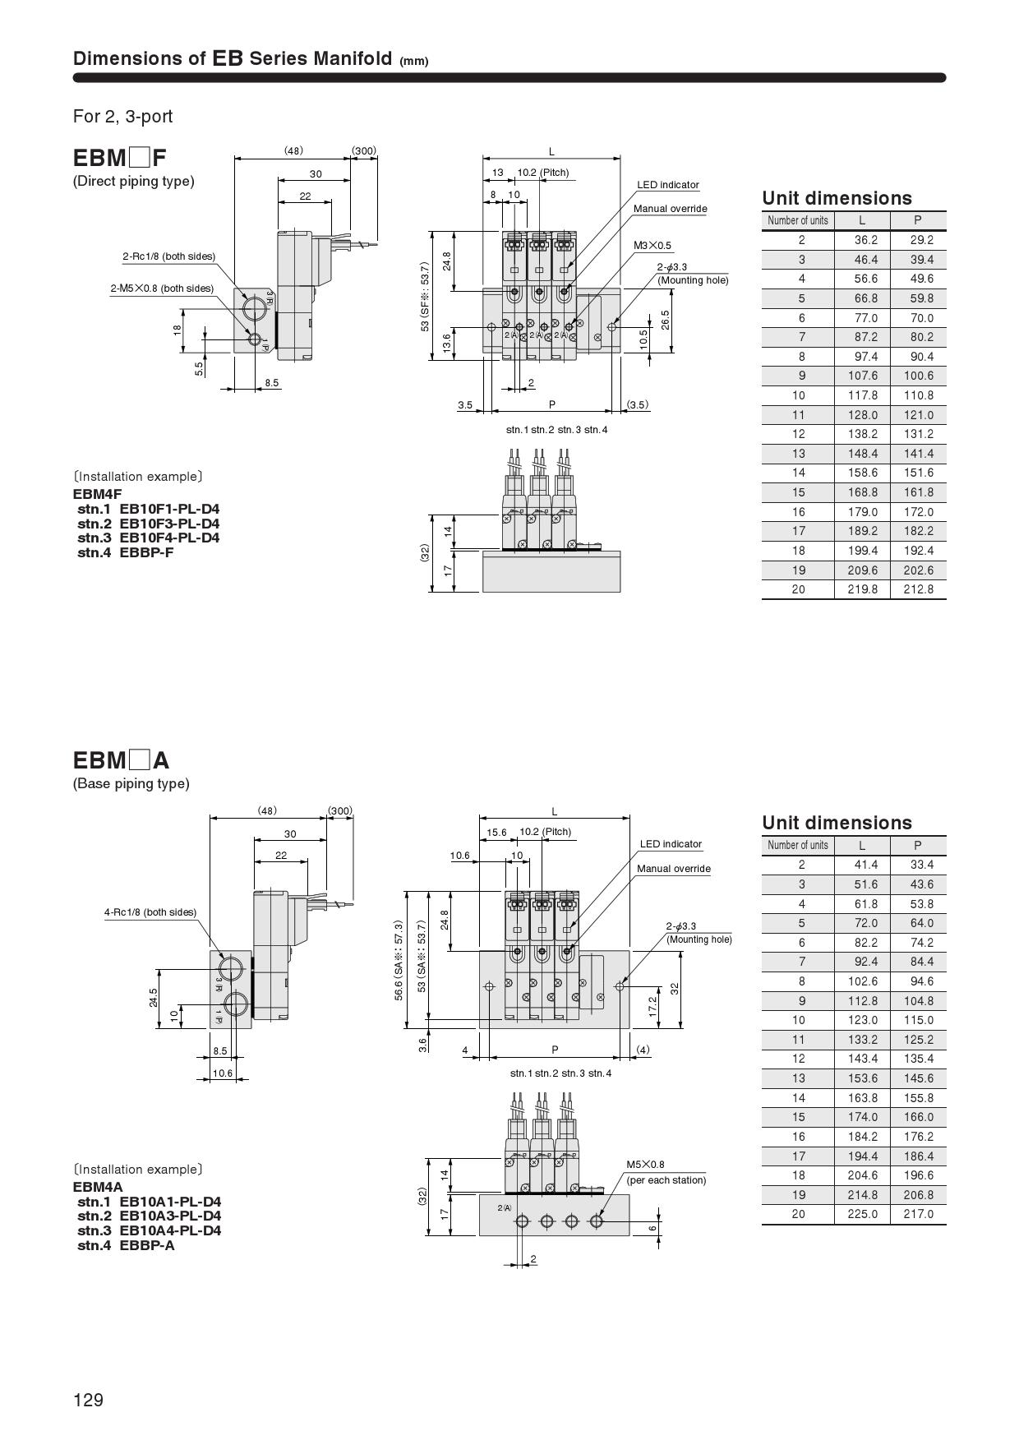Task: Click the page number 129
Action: coord(88,1400)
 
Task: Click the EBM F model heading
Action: coord(120,157)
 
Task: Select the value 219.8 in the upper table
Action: coord(862,589)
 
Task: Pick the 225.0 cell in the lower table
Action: coord(862,1214)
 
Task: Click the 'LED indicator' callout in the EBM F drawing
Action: coord(668,185)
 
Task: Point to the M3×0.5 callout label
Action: coord(652,246)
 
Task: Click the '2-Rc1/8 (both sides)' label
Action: coord(168,256)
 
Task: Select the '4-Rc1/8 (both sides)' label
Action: coord(150,912)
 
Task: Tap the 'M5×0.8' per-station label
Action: coord(645,1164)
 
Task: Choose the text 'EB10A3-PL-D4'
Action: coord(170,1216)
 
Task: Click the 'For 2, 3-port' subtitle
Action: coord(122,117)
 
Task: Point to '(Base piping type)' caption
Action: coord(131,783)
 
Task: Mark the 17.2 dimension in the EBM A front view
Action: coord(653,1005)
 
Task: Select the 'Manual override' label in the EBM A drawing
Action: coord(673,869)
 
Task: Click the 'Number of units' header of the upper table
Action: coord(797,220)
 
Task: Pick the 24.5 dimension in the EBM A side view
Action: coord(154,997)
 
